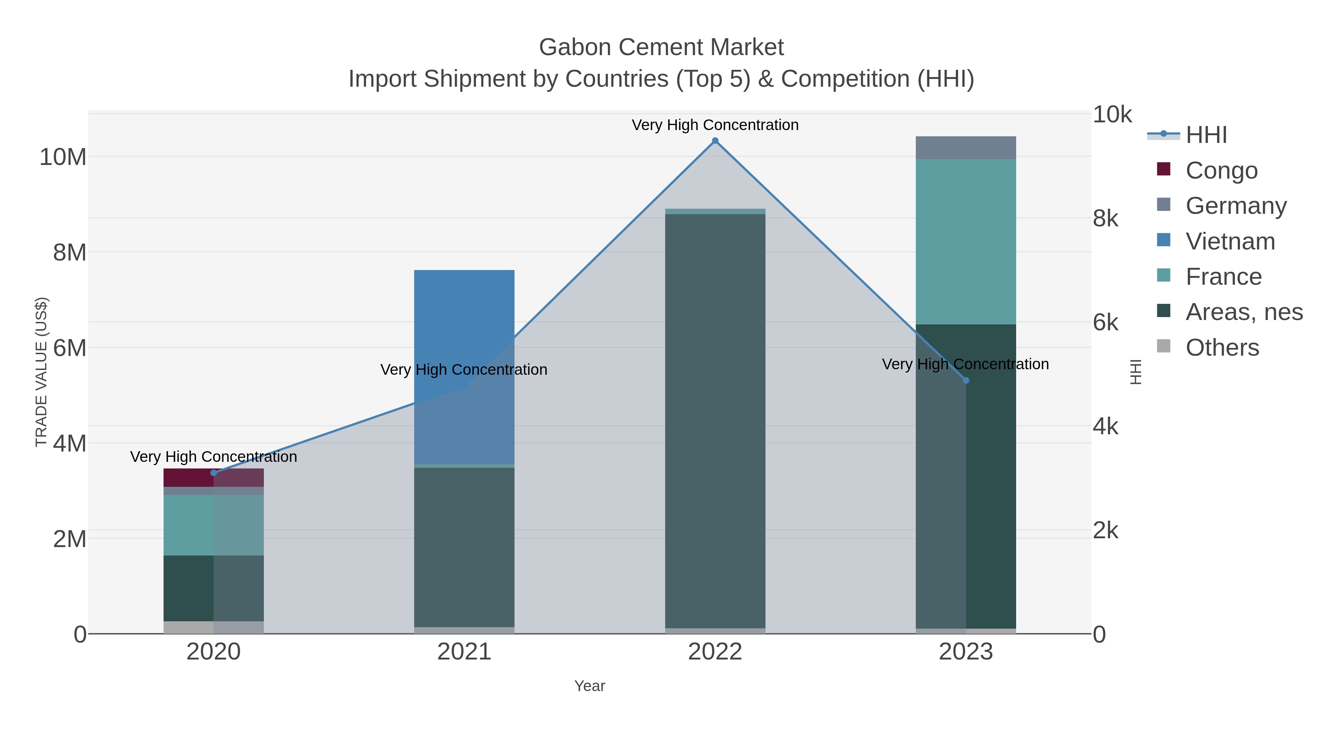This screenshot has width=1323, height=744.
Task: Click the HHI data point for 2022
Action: [x=715, y=141]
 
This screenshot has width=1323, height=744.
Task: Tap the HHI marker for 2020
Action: [x=214, y=473]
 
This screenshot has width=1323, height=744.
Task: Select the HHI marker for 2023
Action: [x=965, y=381]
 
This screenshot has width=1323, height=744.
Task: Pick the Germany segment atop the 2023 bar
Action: [x=965, y=148]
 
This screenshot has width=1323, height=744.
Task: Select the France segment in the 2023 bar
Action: [x=965, y=241]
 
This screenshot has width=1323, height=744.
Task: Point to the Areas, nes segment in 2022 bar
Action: [x=715, y=421]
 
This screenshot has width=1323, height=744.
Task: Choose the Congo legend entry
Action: [x=1221, y=170]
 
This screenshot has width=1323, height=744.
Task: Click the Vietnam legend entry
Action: [x=1230, y=241]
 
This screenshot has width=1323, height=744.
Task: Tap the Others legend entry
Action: [x=1222, y=348]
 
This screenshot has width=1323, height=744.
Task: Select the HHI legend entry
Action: [x=1206, y=135]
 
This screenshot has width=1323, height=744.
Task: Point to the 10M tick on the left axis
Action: [x=62, y=157]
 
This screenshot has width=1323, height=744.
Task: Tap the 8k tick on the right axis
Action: [x=1105, y=219]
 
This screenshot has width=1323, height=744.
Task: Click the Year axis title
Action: [x=589, y=686]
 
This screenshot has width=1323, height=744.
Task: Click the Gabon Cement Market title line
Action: [x=661, y=47]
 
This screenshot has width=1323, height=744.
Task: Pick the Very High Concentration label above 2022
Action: [x=715, y=125]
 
